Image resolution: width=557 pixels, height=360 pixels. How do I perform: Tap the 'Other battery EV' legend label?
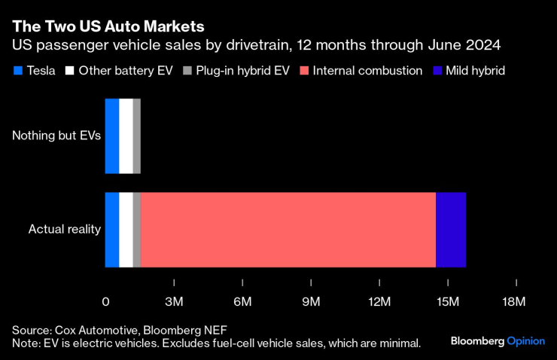coord(126,72)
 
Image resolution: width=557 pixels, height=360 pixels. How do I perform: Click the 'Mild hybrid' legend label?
coord(475,72)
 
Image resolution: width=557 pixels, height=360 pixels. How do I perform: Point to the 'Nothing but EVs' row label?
coord(56,136)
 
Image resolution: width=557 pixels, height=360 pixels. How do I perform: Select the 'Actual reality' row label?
coord(65,229)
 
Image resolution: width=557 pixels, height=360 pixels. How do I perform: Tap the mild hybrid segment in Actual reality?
coord(451,229)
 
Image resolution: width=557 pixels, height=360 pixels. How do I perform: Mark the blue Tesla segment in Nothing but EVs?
coord(111,136)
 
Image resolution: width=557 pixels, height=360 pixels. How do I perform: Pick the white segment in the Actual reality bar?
coord(126,229)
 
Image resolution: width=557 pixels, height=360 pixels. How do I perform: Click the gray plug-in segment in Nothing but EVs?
coord(137,136)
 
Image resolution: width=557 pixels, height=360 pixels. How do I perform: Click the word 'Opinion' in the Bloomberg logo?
coord(525,341)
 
